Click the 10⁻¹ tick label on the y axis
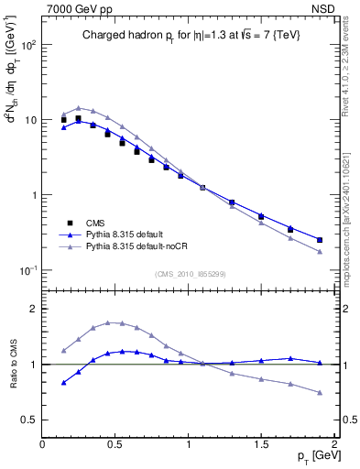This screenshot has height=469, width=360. click(x=29, y=270)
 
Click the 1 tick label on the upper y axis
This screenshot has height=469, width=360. click(x=35, y=195)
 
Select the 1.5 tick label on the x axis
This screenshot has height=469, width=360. click(x=261, y=445)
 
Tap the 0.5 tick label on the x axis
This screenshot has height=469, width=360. click(x=115, y=445)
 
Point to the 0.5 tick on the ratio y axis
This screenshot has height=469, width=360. click(x=31, y=420)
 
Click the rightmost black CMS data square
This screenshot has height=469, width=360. click(x=320, y=240)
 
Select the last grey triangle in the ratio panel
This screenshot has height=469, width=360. click(x=320, y=393)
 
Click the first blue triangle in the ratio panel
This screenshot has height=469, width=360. click(x=63, y=382)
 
